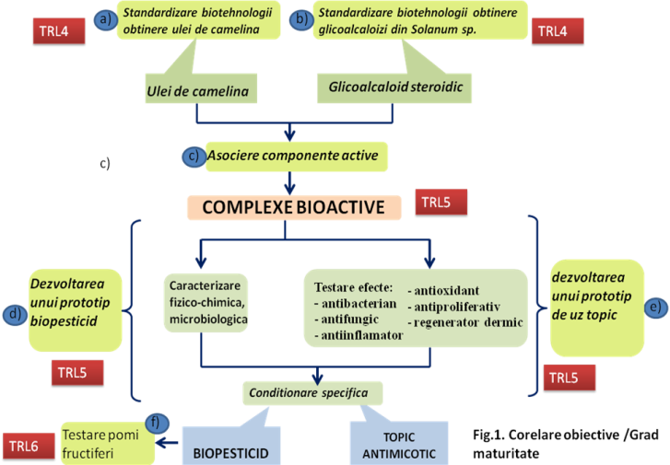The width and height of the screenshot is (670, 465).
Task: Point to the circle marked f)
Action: pos(158,423)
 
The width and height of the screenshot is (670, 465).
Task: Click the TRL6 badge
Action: pos(30,445)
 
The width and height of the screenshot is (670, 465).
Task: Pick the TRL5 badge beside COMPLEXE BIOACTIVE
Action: pos(441,201)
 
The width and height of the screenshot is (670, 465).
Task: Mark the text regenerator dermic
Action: pos(469,322)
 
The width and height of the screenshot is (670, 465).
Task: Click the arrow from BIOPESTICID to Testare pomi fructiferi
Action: pos(168,443)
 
